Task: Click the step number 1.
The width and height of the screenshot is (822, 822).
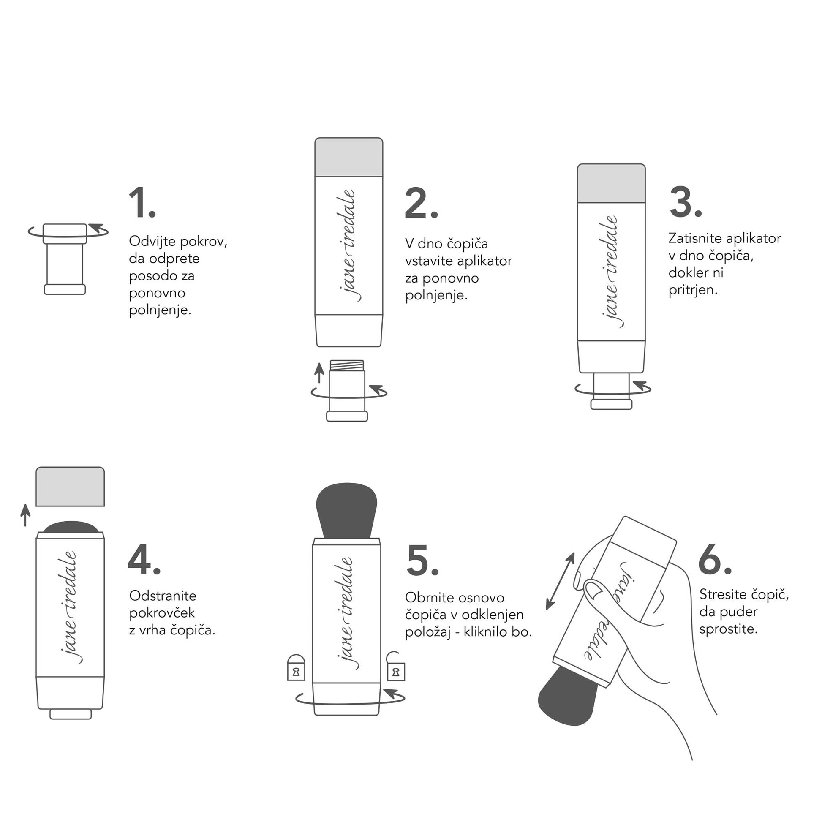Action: (x=142, y=203)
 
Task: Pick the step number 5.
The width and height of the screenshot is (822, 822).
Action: (x=422, y=561)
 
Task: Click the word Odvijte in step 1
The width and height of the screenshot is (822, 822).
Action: (x=152, y=242)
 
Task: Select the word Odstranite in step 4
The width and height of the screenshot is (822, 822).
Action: (x=163, y=596)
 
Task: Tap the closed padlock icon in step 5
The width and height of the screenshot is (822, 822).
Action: (x=296, y=667)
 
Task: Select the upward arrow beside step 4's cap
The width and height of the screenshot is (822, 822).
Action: (x=25, y=515)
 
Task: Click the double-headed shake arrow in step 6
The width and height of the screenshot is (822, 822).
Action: (x=561, y=581)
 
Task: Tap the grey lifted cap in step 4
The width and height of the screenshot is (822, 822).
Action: (x=70, y=487)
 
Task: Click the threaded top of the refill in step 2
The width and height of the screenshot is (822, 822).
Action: (x=347, y=365)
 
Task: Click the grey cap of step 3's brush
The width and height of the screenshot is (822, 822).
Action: (x=611, y=183)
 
